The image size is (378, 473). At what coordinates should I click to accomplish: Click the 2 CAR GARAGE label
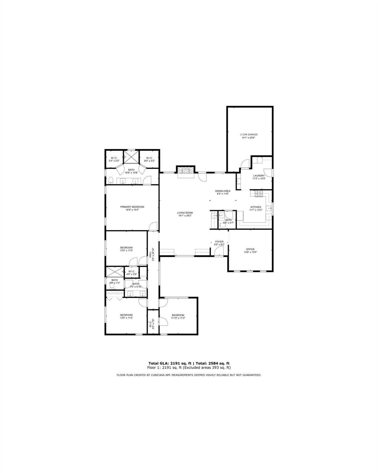coord(249,135)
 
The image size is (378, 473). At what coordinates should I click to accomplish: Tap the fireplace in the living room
coord(186,170)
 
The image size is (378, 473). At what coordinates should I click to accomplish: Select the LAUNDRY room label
coord(259,176)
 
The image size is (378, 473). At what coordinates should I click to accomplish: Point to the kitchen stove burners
coord(258,194)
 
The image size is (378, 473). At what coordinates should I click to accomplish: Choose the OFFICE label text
coord(250,249)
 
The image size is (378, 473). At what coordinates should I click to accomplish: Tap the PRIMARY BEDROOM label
coord(132,207)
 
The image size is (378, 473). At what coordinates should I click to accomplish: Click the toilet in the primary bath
coord(110,180)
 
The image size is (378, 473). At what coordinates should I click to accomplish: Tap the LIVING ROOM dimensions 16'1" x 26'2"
coord(185,216)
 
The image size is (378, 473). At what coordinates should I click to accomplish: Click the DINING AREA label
coord(223,191)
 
